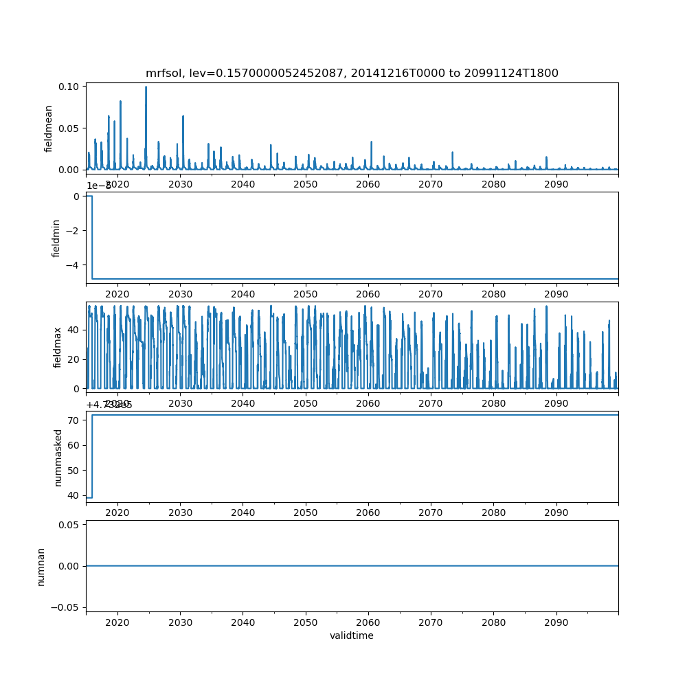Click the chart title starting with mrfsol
352,73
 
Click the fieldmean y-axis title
49,128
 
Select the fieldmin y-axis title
57,238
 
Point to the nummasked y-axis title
58,457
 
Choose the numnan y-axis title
41,566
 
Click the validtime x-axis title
352,636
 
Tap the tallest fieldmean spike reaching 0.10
146,87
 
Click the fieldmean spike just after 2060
372,142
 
